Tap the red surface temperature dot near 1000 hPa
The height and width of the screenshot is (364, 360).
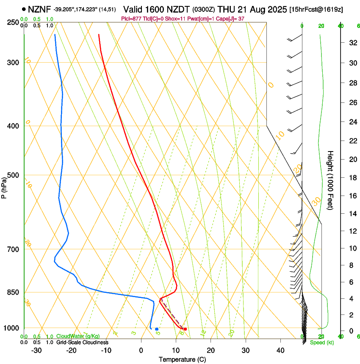pyautogui.click(x=185, y=329)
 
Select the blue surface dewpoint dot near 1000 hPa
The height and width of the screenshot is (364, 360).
pyautogui.click(x=157, y=329)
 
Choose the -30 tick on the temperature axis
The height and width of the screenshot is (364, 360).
pyautogui.click(x=36, y=350)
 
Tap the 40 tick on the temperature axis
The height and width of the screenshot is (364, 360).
pyautogui.click(x=280, y=350)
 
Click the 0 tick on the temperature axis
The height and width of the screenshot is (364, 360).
pyautogui.click(x=141, y=350)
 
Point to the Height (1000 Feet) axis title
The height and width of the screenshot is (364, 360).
pyautogui.click(x=331, y=180)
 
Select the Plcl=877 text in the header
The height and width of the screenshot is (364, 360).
pyautogui.click(x=131, y=19)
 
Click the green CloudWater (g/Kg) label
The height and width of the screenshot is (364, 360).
pyautogui.click(x=78, y=336)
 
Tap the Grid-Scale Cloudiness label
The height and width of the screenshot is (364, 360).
pyautogui.click(x=82, y=342)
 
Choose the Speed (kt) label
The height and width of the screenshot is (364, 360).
pyautogui.click(x=322, y=342)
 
